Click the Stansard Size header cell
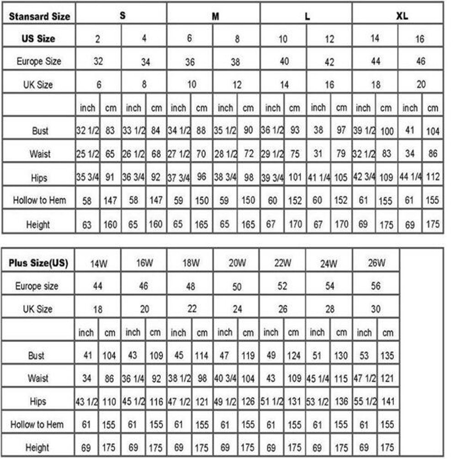click(40, 16)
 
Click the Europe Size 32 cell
click(98, 61)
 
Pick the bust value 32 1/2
click(87, 131)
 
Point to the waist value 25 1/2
click(87, 154)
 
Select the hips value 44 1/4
click(410, 177)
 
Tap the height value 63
click(87, 225)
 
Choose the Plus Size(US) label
click(38, 264)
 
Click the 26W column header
click(376, 263)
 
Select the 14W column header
click(99, 264)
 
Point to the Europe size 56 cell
click(376, 286)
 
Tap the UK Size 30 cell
click(376, 309)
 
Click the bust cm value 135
click(387, 355)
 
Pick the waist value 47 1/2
click(364, 378)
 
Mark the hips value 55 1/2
click(364, 401)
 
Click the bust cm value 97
click(341, 131)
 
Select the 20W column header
click(237, 263)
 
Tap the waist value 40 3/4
click(225, 378)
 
